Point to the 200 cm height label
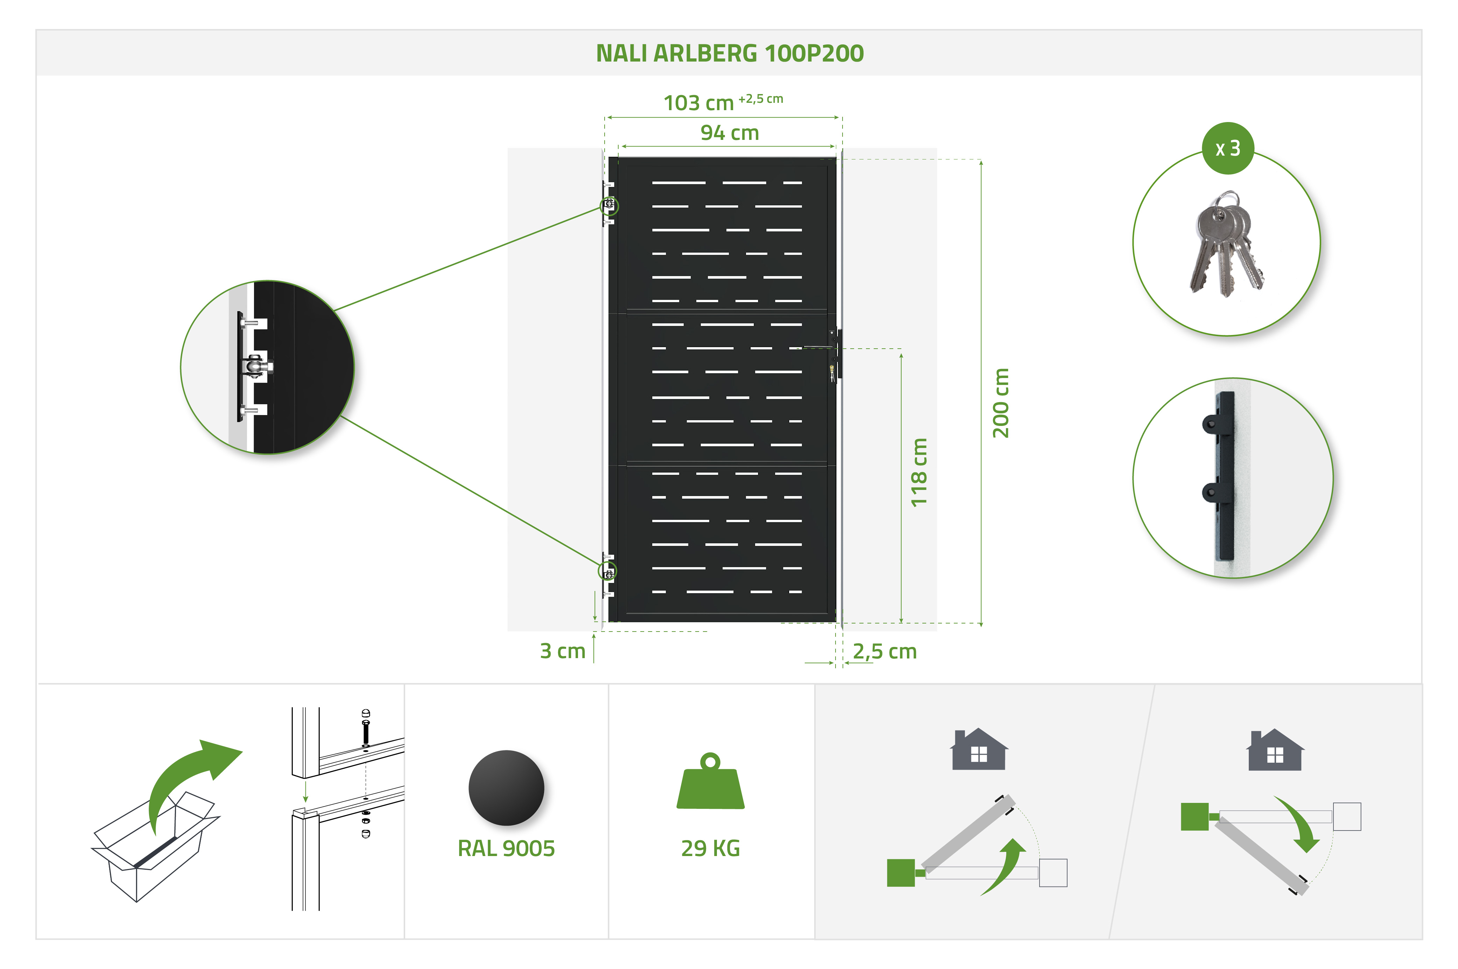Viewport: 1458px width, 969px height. tap(1000, 403)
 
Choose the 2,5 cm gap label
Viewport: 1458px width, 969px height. tap(884, 651)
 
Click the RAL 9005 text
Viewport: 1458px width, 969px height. tap(506, 848)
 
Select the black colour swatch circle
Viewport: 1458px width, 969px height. tap(506, 788)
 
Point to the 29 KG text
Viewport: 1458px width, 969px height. tap(710, 848)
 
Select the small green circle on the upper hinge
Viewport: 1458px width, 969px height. tap(609, 205)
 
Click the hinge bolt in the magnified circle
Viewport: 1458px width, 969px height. tap(255, 366)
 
